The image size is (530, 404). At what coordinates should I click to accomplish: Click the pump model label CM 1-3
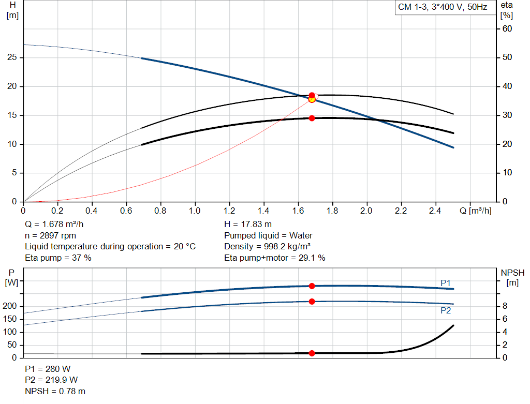(x=443, y=8)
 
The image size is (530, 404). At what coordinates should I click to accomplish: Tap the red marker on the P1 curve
(x=312, y=286)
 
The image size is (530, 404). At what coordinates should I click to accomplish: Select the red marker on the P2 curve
(x=312, y=302)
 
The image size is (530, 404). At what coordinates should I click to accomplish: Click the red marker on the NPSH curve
(x=312, y=353)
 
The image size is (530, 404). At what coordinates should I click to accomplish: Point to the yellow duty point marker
(x=312, y=99)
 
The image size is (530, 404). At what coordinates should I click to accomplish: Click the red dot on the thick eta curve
(x=312, y=118)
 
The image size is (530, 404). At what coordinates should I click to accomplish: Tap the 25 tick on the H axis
(x=12, y=57)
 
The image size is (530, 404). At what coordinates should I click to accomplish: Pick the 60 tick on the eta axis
(x=507, y=28)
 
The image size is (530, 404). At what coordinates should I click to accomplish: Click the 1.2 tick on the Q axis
(x=229, y=211)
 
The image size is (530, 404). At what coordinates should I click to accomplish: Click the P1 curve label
(x=446, y=282)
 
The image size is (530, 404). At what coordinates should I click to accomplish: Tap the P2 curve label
(x=446, y=310)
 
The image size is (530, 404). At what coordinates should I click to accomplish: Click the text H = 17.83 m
(x=247, y=225)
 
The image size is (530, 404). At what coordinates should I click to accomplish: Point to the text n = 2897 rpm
(x=50, y=235)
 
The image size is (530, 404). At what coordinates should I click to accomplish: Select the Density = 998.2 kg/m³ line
(x=267, y=246)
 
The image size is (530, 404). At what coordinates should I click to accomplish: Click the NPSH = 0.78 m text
(x=55, y=391)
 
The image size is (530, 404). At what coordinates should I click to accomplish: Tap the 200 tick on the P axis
(x=11, y=306)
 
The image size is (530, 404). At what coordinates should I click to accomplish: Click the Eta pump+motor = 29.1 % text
(x=274, y=258)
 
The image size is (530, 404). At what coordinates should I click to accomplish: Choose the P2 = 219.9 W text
(x=51, y=380)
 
